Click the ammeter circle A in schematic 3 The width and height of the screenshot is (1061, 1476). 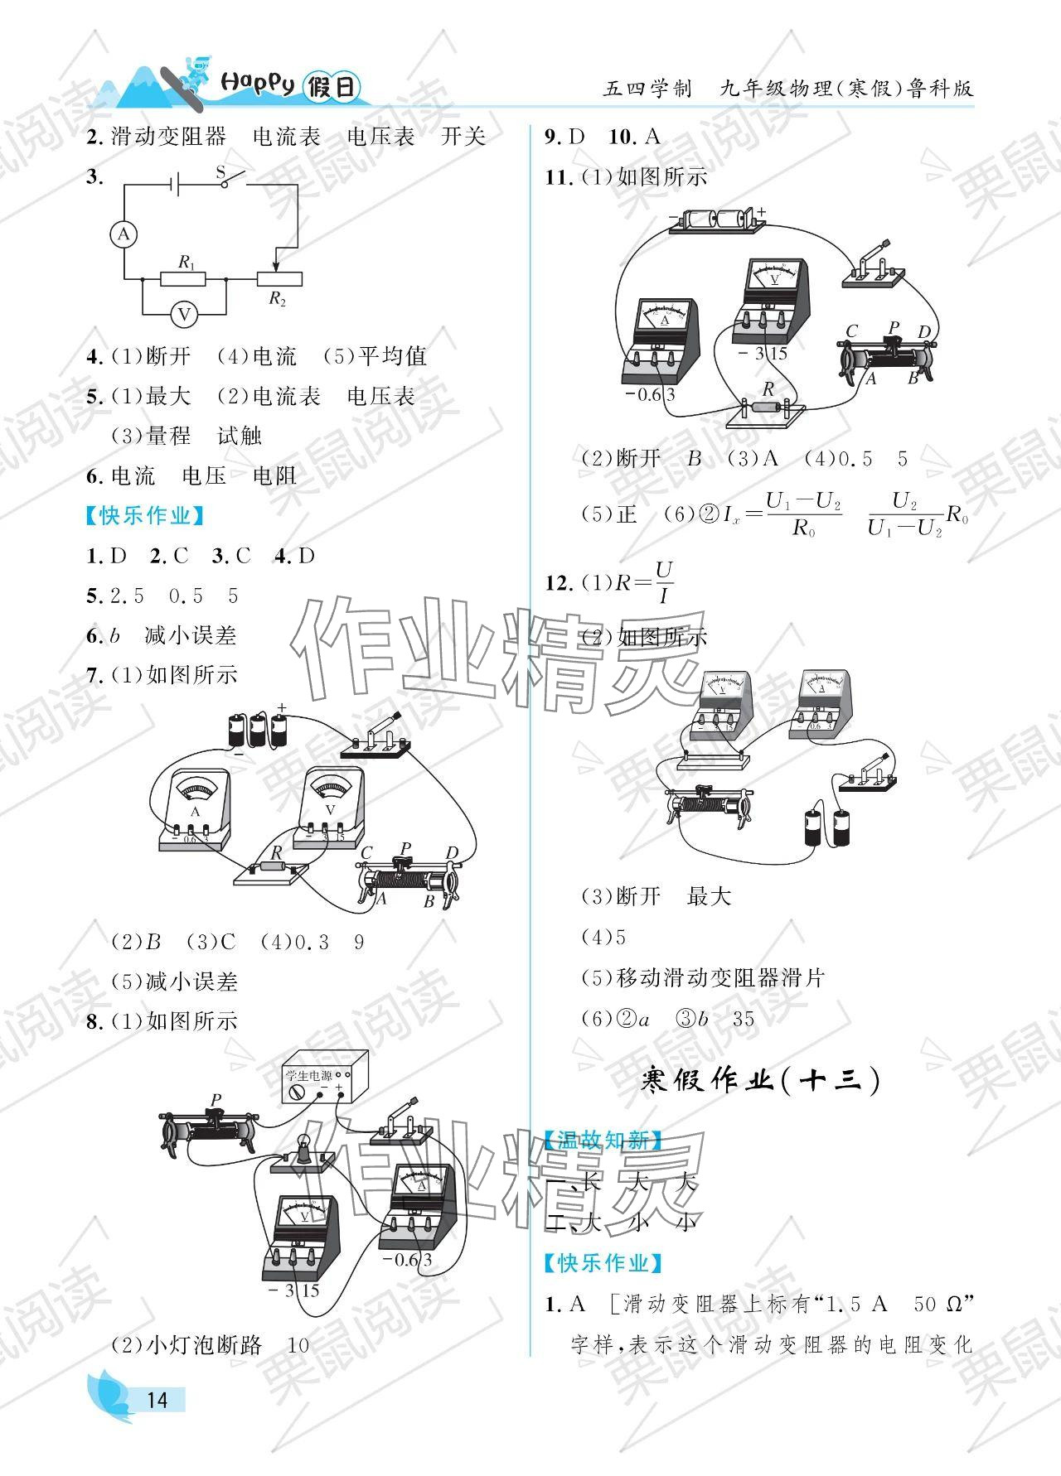pos(124,235)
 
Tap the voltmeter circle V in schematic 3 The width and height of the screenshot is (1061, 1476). pos(184,314)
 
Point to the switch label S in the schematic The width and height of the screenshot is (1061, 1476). pos(221,172)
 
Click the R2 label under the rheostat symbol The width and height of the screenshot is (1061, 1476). pos(277,300)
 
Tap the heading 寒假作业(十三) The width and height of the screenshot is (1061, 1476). pos(760,1081)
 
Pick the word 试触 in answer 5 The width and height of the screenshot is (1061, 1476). pos(240,436)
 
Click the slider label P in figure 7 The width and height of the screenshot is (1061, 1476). pos(405,848)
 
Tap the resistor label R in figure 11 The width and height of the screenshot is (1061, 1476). pos(768,388)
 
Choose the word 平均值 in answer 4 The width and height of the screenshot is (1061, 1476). pos(393,356)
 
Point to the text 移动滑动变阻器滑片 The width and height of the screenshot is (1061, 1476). pos(720,977)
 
